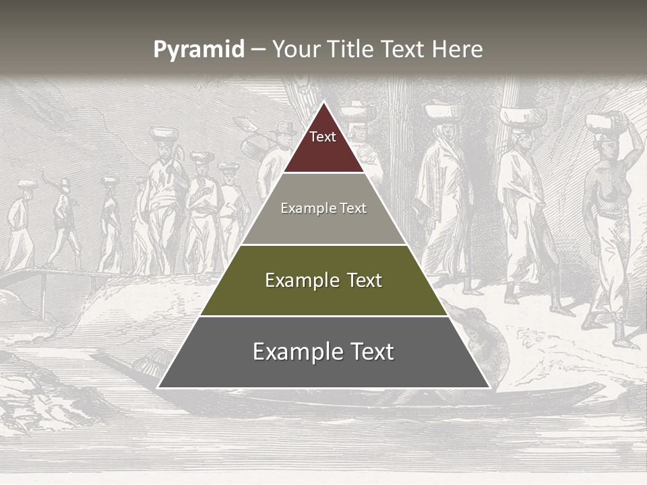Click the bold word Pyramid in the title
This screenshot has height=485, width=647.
(x=198, y=49)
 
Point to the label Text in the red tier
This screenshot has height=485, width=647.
(x=323, y=137)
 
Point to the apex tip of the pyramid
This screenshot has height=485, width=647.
(x=323, y=103)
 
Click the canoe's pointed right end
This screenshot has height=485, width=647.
(x=600, y=387)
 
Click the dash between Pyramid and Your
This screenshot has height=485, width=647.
(x=257, y=49)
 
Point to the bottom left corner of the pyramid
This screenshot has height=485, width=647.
(x=159, y=387)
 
